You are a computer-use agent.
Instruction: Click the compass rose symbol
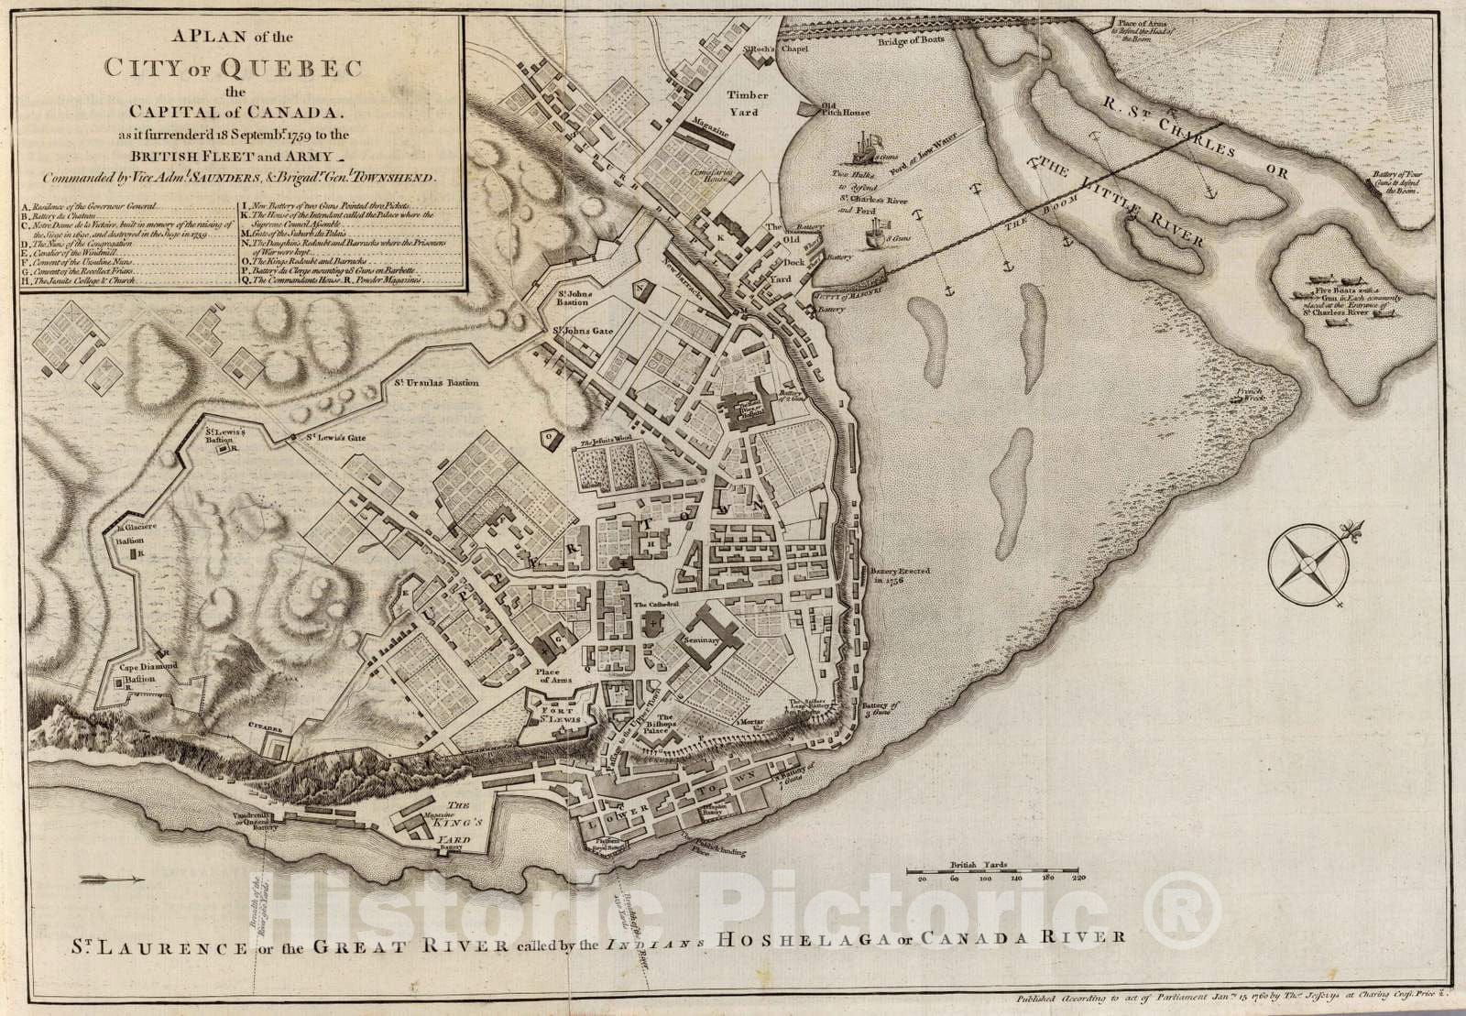[1304, 563]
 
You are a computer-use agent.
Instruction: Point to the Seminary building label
[703, 641]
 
